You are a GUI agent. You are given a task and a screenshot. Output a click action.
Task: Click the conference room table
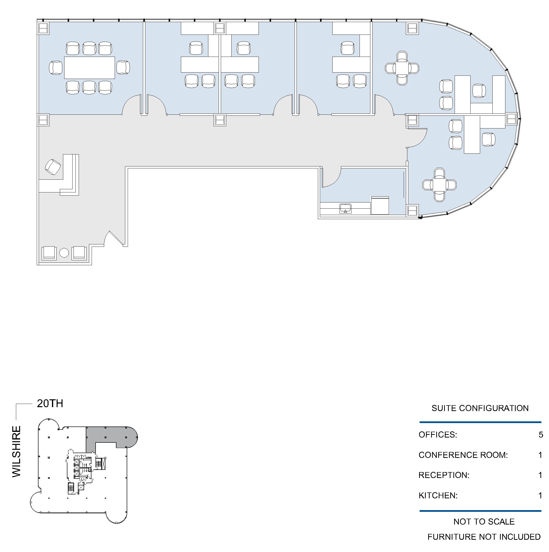tap(89, 68)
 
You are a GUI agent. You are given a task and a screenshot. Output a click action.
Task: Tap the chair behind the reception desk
tap(53, 167)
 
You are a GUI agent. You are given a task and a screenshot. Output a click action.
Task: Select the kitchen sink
tap(345, 208)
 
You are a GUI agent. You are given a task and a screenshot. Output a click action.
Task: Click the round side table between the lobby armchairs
tap(64, 252)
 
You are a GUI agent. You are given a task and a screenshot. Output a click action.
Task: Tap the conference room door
tap(131, 104)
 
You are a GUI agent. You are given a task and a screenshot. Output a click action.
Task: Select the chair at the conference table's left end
tap(56, 68)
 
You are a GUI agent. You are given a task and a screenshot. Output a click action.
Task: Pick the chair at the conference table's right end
tap(123, 67)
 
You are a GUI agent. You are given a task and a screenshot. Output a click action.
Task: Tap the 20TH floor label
tap(50, 403)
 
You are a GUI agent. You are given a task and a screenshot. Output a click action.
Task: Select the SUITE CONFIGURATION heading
tap(480, 408)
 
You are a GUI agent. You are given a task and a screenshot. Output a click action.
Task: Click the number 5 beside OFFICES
tap(541, 435)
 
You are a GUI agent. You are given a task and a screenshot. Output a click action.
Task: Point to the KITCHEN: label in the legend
tap(438, 495)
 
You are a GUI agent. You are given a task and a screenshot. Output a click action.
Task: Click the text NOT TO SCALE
tap(484, 521)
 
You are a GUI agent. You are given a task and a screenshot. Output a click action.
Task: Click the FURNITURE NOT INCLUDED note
tap(484, 537)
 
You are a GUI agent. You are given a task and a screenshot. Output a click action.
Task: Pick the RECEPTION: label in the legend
tap(444, 475)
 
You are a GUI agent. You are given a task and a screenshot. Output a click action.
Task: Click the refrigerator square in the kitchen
tap(380, 205)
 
